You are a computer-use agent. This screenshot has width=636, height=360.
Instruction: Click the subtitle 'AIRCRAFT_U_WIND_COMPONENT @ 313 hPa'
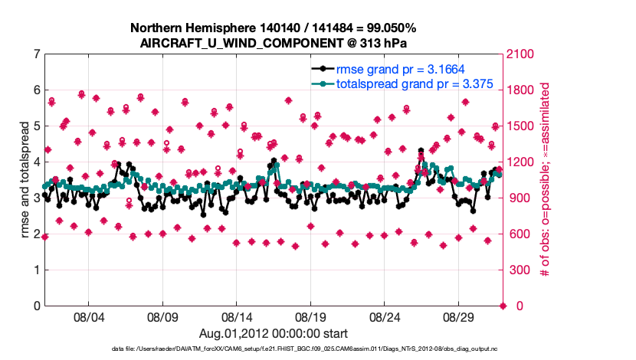(x=274, y=43)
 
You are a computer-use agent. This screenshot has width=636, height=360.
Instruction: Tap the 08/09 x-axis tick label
(x=162, y=316)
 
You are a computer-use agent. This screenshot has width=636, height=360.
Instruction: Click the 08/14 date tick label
(x=237, y=316)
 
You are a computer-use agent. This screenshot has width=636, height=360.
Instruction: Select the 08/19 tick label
(x=311, y=316)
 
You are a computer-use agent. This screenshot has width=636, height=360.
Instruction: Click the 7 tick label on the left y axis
(x=36, y=54)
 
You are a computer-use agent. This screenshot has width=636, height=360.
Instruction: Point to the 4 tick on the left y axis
(x=36, y=162)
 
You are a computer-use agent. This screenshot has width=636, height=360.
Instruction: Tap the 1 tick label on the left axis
(x=36, y=270)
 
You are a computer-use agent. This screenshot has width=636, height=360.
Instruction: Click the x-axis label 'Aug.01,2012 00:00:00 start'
(x=274, y=333)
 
